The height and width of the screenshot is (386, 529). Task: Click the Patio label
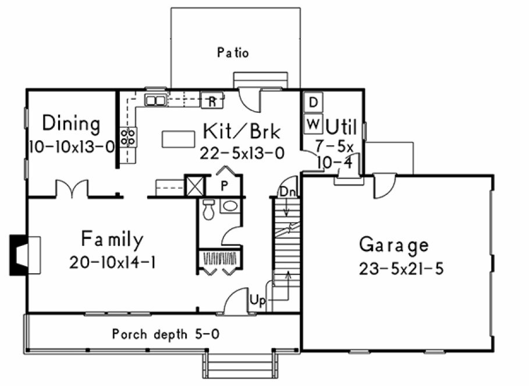pos(233,53)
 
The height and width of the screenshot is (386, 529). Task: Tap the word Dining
pos(71,124)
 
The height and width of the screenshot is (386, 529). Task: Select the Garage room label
pos(393,245)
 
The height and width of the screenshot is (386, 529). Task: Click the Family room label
pos(112,239)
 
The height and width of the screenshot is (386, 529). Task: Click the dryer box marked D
pos(313,103)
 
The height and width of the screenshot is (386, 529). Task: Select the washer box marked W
pos(313,123)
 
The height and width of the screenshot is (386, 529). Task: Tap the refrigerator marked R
pos(212,101)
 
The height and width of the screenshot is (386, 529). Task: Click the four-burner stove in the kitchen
pos(127,137)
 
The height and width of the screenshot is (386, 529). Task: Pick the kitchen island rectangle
pos(178,140)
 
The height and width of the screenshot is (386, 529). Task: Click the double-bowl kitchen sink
pos(155,101)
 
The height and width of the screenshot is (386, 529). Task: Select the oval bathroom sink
pos(230,206)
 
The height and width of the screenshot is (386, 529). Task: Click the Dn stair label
pos(286,192)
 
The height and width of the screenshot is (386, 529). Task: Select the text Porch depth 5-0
pos(165,334)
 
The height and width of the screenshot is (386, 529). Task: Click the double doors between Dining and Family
pos(72,190)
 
